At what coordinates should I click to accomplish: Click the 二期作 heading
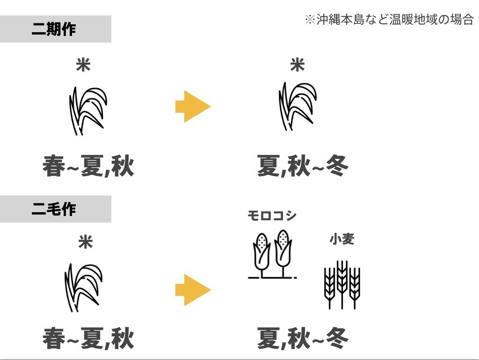point(54,29)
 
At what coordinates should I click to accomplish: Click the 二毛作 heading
point(54,209)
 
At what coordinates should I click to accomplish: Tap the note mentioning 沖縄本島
point(389,20)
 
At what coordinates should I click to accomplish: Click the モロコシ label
point(272,216)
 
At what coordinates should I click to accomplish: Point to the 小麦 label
point(342,239)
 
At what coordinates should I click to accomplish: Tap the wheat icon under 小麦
point(342,284)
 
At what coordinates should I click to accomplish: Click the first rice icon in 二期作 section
point(87,110)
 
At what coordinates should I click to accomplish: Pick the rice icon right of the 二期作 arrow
point(297,107)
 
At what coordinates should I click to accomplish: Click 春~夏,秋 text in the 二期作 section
point(88,166)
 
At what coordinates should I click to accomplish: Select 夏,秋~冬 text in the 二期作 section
point(303,166)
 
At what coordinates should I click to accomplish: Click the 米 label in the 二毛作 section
point(86,242)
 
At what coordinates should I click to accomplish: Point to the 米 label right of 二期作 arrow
point(298,65)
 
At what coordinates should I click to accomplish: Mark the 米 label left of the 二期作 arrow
point(83,65)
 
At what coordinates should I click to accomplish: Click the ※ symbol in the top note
point(310,20)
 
